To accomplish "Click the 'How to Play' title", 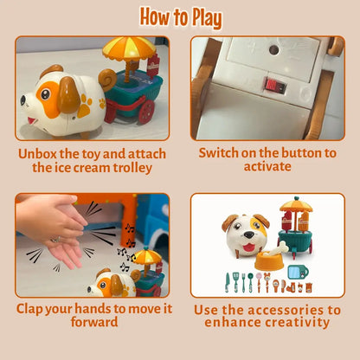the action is tap(181, 18).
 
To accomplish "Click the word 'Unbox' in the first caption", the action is tap(37, 154).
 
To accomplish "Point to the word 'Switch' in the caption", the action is tap(218, 153).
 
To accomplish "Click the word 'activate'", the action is tap(267, 167).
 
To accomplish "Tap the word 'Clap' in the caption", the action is tap(29, 309).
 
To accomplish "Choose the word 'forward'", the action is tap(94, 322).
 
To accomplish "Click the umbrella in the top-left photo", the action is tap(129, 48).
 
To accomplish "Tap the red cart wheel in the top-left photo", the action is tap(146, 112).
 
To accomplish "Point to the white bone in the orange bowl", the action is tap(276, 249).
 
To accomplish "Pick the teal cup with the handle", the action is tap(298, 272).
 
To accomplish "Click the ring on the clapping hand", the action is tap(56, 239).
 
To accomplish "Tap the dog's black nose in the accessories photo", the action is tap(248, 235).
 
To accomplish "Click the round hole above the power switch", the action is tap(274, 50).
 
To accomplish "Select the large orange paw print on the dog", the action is tap(85, 107).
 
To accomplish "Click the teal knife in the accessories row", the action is tap(228, 283).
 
